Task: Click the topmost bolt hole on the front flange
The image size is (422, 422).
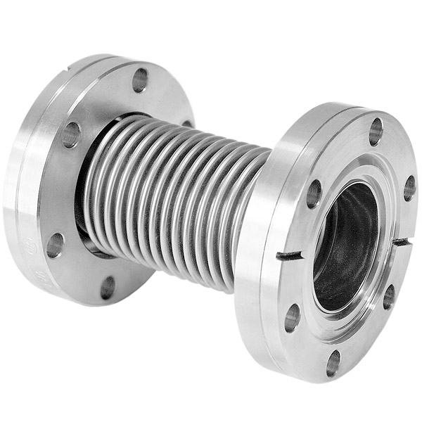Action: (x=376, y=131)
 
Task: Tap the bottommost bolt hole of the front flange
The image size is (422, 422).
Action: (x=333, y=363)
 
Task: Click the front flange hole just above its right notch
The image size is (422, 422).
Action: (x=409, y=188)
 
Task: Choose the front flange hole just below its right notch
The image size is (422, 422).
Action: (x=389, y=296)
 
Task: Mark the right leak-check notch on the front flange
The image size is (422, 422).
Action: (x=402, y=242)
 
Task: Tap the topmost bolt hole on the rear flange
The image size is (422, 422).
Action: (x=140, y=79)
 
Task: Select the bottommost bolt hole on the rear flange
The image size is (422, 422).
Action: (x=108, y=287)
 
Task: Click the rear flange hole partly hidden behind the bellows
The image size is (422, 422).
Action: (x=186, y=124)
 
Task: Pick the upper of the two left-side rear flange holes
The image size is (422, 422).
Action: (x=70, y=134)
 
